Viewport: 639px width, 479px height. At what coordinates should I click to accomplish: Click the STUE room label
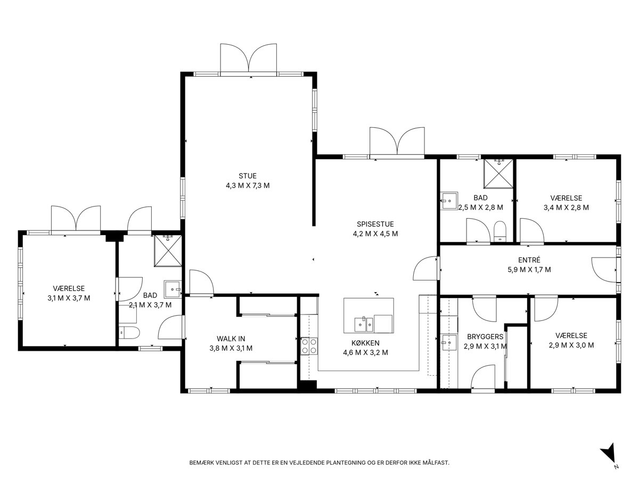click(x=248, y=176)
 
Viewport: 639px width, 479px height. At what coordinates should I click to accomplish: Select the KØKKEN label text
click(x=365, y=343)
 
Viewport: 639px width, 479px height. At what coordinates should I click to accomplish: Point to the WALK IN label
click(x=231, y=338)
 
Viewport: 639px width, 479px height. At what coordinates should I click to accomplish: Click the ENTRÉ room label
click(x=529, y=260)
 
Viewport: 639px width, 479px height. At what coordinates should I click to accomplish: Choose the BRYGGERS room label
click(x=485, y=337)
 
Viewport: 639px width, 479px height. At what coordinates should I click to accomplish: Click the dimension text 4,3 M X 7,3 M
click(x=248, y=186)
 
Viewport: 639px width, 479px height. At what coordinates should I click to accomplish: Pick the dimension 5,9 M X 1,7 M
click(x=529, y=270)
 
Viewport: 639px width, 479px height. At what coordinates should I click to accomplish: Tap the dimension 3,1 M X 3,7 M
click(x=69, y=298)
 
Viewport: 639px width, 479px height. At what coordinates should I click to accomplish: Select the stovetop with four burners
click(x=309, y=346)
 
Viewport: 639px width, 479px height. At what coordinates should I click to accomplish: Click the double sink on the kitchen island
click(x=364, y=324)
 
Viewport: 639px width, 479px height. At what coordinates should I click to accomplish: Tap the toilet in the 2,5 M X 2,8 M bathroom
click(x=501, y=231)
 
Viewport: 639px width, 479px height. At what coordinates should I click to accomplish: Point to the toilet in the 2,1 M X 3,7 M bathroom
click(x=129, y=333)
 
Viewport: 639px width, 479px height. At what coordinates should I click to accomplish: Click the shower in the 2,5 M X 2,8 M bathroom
click(x=498, y=174)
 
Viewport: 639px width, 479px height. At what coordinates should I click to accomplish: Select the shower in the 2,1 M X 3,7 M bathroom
click(x=168, y=250)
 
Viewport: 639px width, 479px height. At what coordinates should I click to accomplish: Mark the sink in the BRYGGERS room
click(x=448, y=342)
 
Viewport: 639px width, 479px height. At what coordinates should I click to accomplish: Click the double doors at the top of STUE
click(x=248, y=60)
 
